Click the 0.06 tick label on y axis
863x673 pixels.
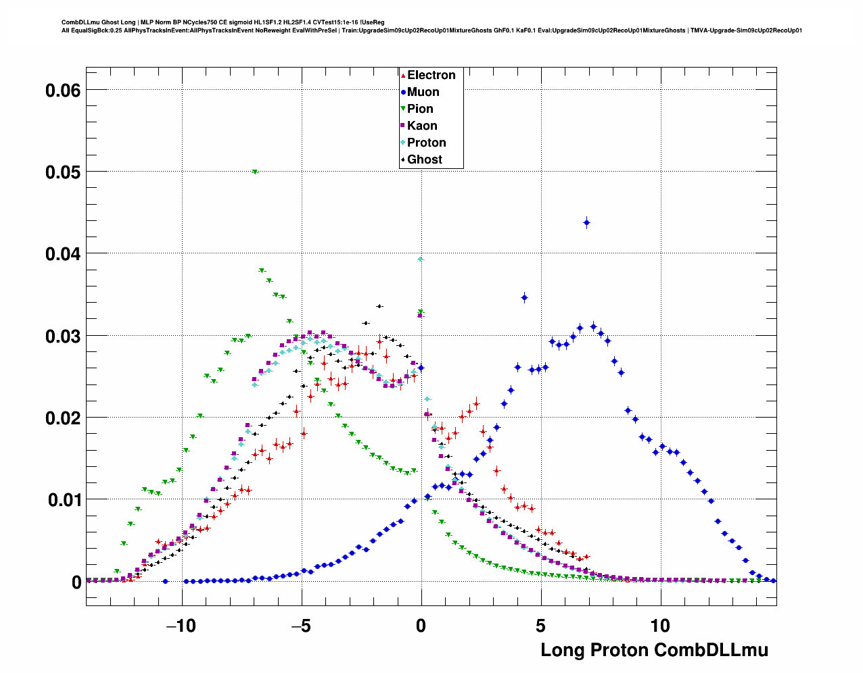pyautogui.click(x=63, y=90)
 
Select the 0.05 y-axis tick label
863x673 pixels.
pyautogui.click(x=63, y=172)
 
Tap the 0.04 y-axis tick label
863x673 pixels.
pyautogui.click(x=63, y=254)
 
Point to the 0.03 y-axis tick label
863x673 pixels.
pyautogui.click(x=63, y=336)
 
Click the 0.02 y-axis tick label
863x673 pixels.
pyautogui.click(x=63, y=418)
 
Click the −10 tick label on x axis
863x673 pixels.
pyautogui.click(x=181, y=626)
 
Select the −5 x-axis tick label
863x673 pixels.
pyautogui.click(x=301, y=626)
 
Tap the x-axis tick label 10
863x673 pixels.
pyautogui.click(x=660, y=626)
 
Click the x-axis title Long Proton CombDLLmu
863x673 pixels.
pyautogui.click(x=654, y=650)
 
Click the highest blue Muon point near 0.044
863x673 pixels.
pyautogui.click(x=586, y=222)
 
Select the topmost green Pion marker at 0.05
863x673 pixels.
pyautogui.click(x=255, y=172)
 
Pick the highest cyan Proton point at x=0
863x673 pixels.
pyautogui.click(x=421, y=259)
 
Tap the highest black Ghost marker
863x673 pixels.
pyautogui.click(x=379, y=306)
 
